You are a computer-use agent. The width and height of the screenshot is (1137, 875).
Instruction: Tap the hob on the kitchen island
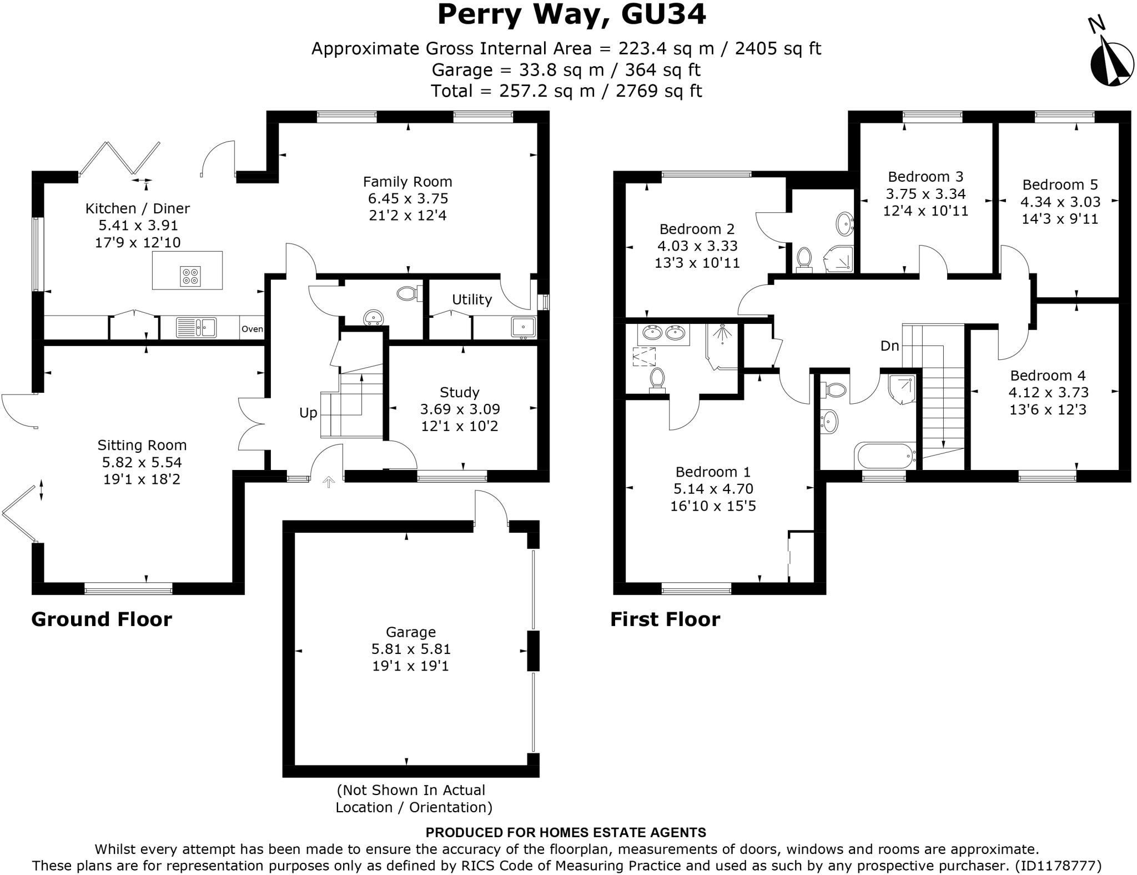pos(190,276)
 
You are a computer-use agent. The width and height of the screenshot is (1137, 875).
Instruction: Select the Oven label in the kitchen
pos(252,329)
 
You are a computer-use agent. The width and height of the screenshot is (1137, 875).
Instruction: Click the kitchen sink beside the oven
pos(196,327)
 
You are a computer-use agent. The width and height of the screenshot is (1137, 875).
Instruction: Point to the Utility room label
pos(471,300)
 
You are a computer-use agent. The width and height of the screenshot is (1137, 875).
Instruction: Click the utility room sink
pos(523,327)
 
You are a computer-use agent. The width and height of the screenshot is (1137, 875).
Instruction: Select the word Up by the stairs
pos(308,413)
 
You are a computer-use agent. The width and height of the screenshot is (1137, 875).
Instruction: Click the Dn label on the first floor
pos(889,346)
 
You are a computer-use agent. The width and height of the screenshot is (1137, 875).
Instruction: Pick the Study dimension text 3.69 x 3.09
pos(460,409)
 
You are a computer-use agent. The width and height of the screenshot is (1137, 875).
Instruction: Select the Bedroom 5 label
pos(1060,185)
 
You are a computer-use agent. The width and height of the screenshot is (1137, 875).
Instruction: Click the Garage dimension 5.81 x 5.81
pos(411,649)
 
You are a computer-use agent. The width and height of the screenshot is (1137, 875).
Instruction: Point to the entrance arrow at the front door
pos(329,482)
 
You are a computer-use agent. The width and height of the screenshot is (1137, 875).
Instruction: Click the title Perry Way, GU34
pos(571,15)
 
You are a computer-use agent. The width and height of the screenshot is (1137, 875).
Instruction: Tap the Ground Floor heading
pos(102,619)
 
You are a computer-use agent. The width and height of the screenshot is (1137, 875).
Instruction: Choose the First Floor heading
pos(665,619)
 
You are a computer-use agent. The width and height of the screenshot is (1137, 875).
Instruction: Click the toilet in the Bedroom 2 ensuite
pos(804,259)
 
